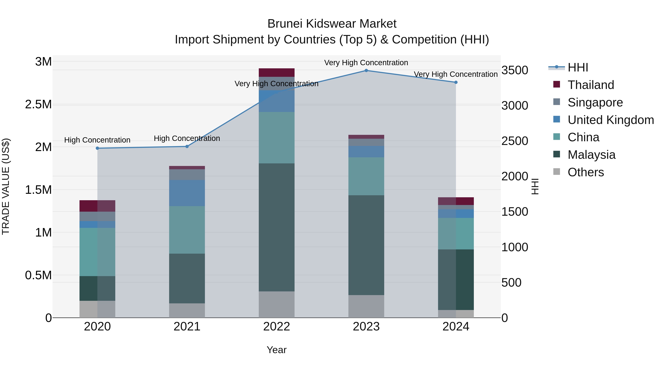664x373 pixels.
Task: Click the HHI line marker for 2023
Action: [x=366, y=71]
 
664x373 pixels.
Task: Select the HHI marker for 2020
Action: [x=97, y=148]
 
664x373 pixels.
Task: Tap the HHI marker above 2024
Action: [x=456, y=82]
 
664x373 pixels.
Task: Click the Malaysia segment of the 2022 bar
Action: [x=277, y=227]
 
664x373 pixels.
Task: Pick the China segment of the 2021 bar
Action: [x=187, y=230]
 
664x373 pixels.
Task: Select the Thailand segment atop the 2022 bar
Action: [x=277, y=73]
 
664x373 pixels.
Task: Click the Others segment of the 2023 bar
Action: [x=366, y=306]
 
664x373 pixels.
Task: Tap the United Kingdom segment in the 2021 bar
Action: [x=187, y=193]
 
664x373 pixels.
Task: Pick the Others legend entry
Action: [x=585, y=172]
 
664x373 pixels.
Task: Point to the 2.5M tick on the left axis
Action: [x=38, y=104]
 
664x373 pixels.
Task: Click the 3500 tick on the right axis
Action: [x=514, y=70]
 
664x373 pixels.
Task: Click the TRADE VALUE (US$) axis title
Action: [x=6, y=187]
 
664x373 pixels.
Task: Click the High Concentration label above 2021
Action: [x=187, y=139]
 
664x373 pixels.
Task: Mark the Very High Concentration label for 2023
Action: [x=366, y=63]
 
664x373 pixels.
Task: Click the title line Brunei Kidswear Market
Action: [x=332, y=24]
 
